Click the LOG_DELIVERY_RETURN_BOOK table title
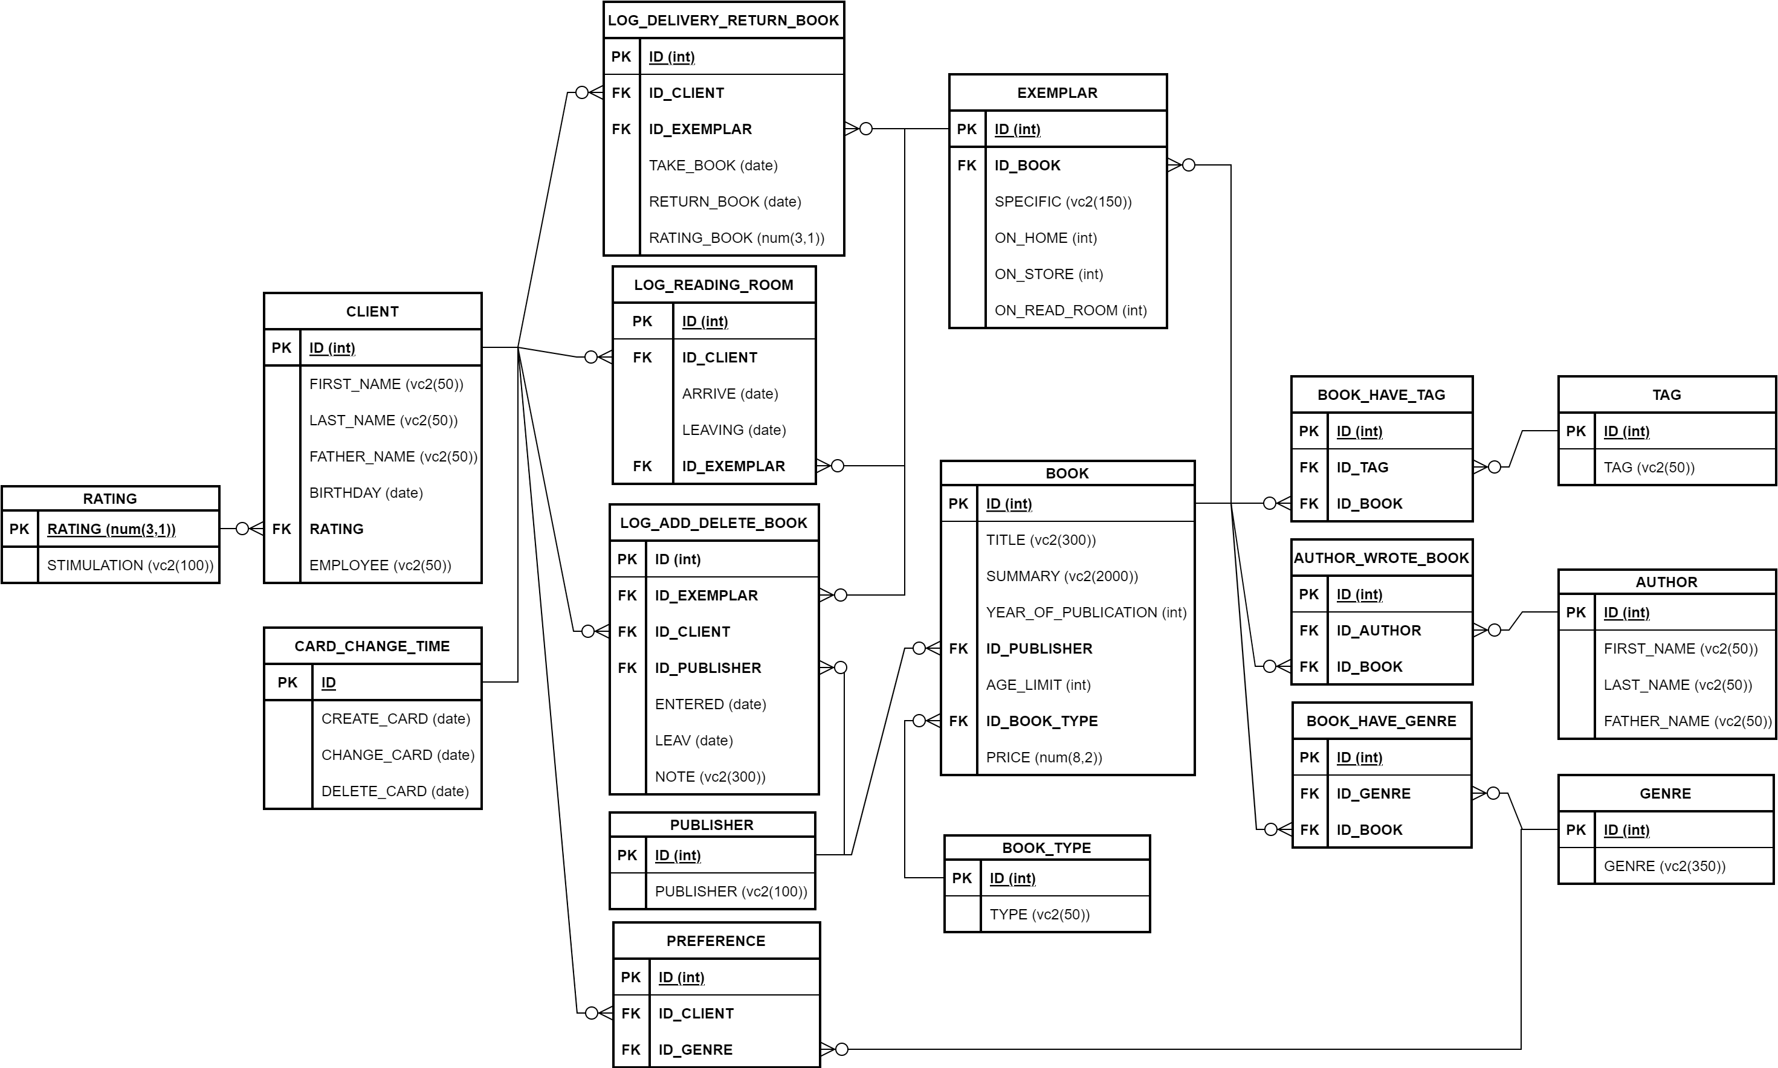coord(723,20)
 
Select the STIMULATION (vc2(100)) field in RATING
coord(131,565)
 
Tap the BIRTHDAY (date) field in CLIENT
coord(366,493)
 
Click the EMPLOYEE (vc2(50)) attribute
coord(380,565)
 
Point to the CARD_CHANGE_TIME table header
coord(372,646)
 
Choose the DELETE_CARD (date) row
coord(395,791)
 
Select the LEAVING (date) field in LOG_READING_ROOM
coord(734,429)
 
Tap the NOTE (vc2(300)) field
coord(710,776)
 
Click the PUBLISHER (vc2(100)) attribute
coord(731,891)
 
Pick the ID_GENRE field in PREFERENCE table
coord(696,1049)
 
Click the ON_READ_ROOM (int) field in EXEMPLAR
coord(1070,310)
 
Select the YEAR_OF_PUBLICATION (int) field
coord(1085,613)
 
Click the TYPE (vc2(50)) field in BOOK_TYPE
coord(1039,914)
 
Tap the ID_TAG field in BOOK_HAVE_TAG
coord(1362,467)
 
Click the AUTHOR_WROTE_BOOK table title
coord(1381,558)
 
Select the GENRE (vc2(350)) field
coord(1664,866)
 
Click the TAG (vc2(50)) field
coord(1649,467)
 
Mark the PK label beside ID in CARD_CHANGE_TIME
coord(288,682)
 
